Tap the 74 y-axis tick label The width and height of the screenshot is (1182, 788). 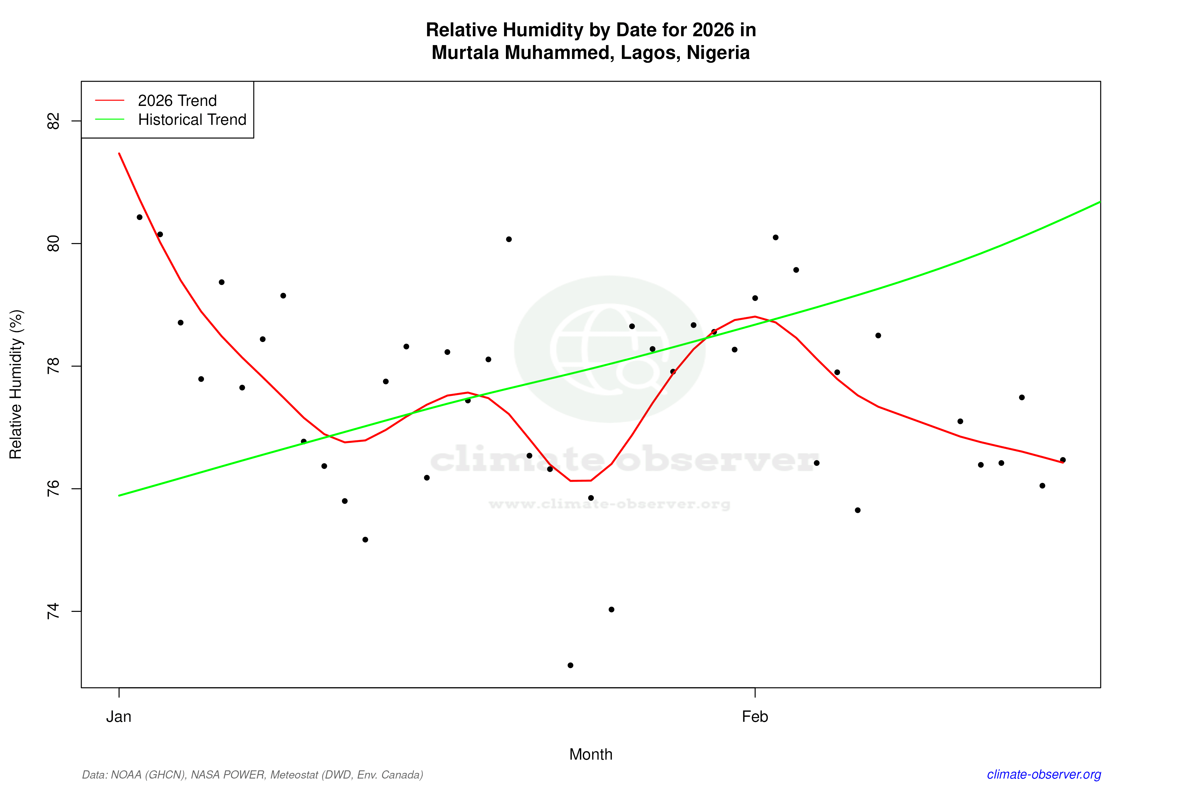[x=53, y=611]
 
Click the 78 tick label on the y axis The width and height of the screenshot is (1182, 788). [x=53, y=366]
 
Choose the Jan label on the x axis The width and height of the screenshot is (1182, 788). [x=119, y=717]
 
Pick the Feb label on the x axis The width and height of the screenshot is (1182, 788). [x=755, y=717]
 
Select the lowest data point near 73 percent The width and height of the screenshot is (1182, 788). [x=571, y=665]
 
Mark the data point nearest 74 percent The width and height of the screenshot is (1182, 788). [x=611, y=610]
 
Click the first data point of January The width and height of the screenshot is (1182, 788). [x=140, y=217]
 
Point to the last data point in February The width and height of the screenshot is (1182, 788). [x=1063, y=460]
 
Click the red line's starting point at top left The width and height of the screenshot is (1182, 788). [x=119, y=153]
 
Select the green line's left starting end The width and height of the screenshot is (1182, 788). [x=119, y=495]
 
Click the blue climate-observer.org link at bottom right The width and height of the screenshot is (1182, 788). [x=1044, y=774]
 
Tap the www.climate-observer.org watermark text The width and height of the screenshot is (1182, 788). [x=610, y=504]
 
